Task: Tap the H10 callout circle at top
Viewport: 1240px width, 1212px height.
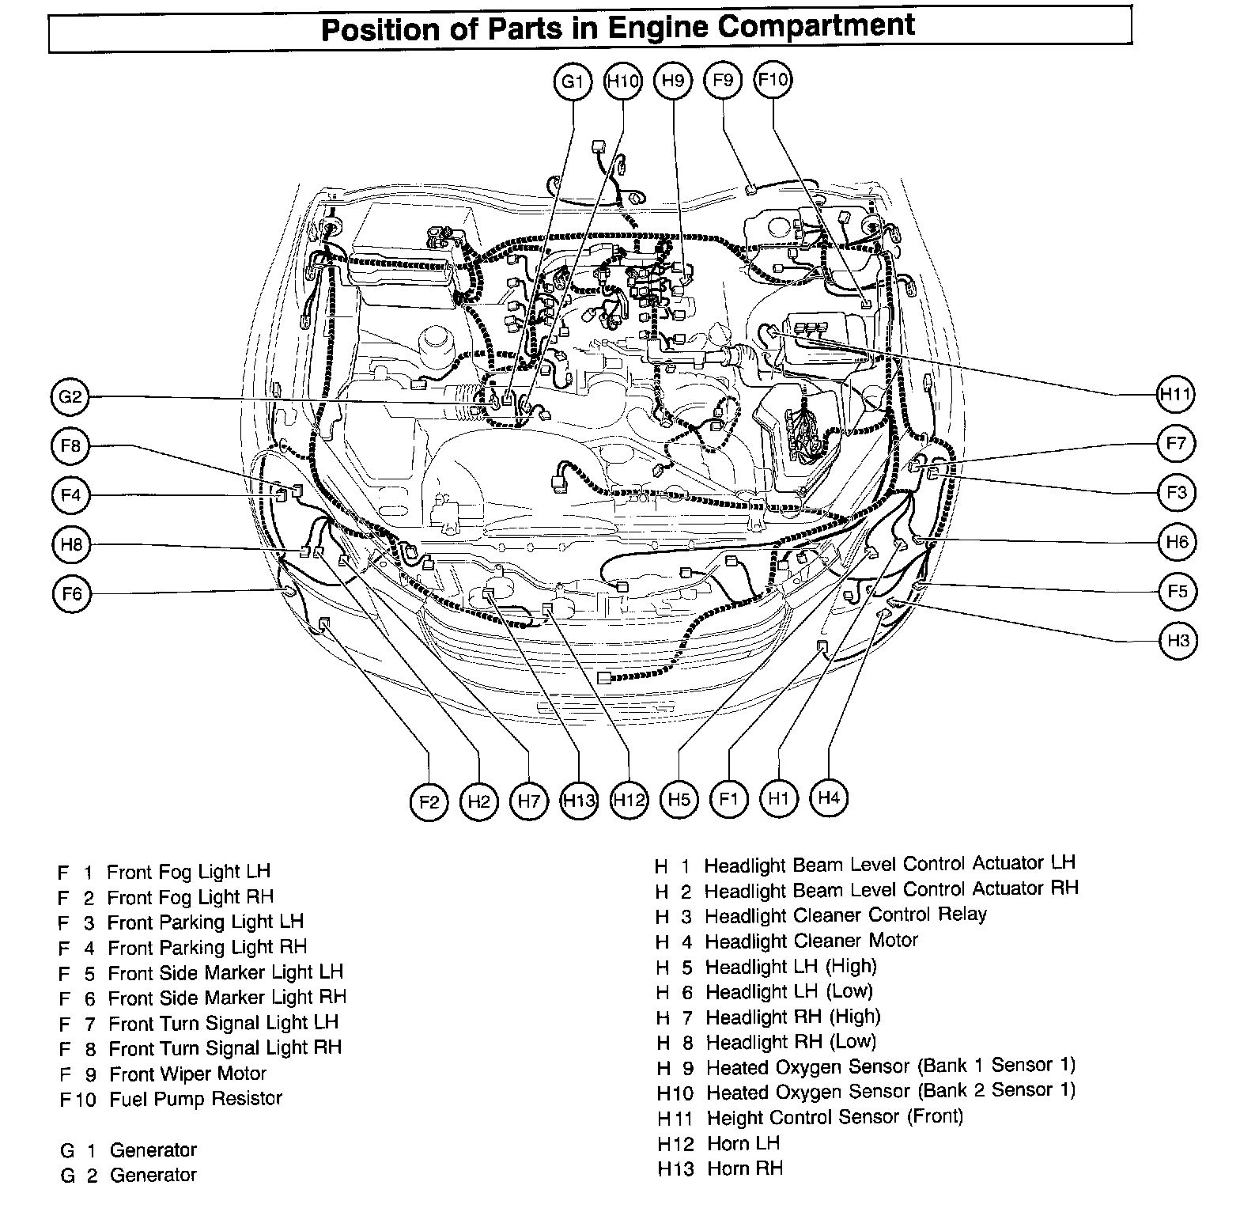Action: pyautogui.click(x=623, y=81)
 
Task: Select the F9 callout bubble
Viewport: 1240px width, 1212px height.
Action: pyautogui.click(x=723, y=80)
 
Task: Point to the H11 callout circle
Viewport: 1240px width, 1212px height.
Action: pyautogui.click(x=1175, y=394)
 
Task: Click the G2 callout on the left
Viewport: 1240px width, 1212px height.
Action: pyautogui.click(x=70, y=396)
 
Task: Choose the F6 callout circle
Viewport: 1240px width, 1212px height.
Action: pyautogui.click(x=71, y=593)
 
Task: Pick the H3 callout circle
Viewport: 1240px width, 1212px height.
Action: pyautogui.click(x=1178, y=640)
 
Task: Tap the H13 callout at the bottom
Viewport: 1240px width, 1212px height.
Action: pyautogui.click(x=579, y=801)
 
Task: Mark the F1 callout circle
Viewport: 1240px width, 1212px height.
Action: pyautogui.click(x=728, y=799)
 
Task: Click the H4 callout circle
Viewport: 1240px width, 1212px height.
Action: pyautogui.click(x=828, y=797)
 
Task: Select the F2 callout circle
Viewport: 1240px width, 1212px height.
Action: pyautogui.click(x=429, y=801)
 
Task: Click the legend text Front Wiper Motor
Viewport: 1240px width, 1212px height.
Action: pyautogui.click(x=187, y=1074)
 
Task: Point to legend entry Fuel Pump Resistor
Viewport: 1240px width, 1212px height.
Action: pyautogui.click(x=195, y=1099)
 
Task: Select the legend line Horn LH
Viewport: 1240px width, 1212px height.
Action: pyautogui.click(x=743, y=1143)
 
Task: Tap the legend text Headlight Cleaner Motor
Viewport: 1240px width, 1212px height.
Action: pyautogui.click(x=811, y=941)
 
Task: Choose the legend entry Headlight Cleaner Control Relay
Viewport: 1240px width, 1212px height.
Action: pyautogui.click(x=845, y=915)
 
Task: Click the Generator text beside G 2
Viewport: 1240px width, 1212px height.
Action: pyautogui.click(x=153, y=1175)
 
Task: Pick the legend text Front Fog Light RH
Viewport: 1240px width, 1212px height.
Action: pyautogui.click(x=190, y=897)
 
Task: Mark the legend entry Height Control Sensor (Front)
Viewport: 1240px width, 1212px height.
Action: pyautogui.click(x=834, y=1117)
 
